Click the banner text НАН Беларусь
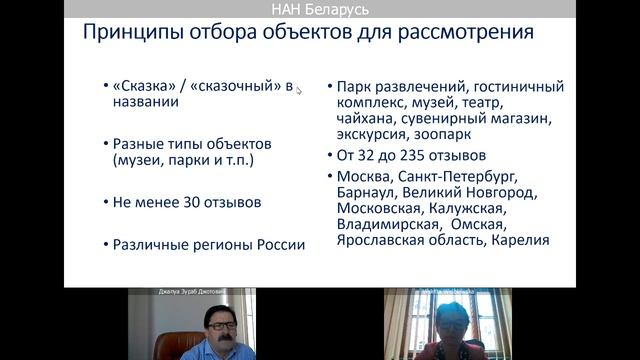coord(320,9)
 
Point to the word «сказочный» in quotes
coord(234,86)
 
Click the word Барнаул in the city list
coord(369,193)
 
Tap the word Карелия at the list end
coord(521,241)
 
